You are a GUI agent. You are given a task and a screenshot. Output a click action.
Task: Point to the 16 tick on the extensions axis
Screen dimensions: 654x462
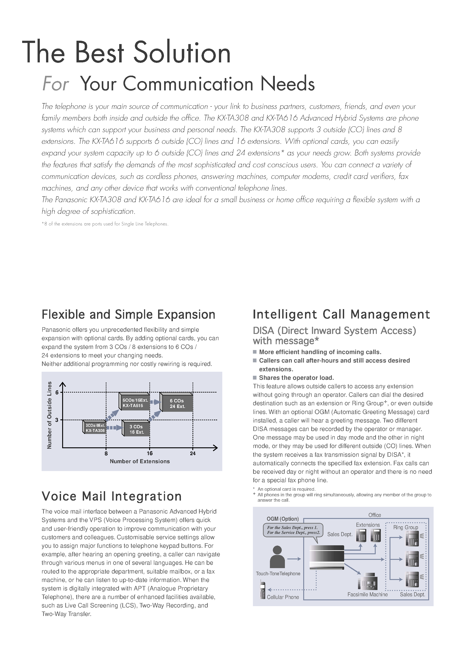[150, 453]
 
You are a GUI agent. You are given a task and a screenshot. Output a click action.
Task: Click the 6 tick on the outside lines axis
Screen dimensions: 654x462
[57, 393]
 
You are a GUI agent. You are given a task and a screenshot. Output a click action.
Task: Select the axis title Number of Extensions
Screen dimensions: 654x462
[140, 461]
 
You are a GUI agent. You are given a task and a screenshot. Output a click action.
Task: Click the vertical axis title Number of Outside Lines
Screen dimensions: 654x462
[49, 415]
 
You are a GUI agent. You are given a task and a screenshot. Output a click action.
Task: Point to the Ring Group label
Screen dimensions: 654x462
[406, 528]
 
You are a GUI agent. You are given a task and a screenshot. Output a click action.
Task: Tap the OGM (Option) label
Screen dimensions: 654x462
[283, 519]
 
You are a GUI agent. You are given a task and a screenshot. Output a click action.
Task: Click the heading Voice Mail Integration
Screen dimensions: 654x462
[112, 497]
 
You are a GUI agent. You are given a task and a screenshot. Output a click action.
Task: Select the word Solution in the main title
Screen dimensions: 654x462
[182, 53]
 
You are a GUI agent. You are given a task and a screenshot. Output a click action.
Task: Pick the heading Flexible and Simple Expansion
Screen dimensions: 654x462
[128, 315]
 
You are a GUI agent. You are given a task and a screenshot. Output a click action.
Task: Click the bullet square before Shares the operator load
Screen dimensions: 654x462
[255, 378]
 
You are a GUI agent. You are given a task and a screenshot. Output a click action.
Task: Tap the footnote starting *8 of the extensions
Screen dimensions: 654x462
[105, 224]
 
